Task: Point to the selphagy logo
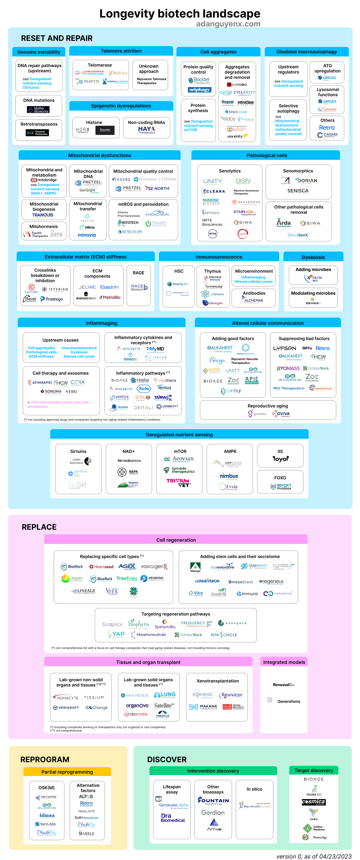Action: (x=199, y=90)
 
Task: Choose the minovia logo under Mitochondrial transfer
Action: (x=87, y=235)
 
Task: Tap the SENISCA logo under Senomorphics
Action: (x=298, y=191)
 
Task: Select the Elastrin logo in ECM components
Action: (x=109, y=287)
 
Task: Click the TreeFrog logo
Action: (x=127, y=579)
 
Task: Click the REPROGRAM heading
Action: (x=45, y=759)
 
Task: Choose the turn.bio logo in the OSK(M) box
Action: (x=46, y=824)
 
